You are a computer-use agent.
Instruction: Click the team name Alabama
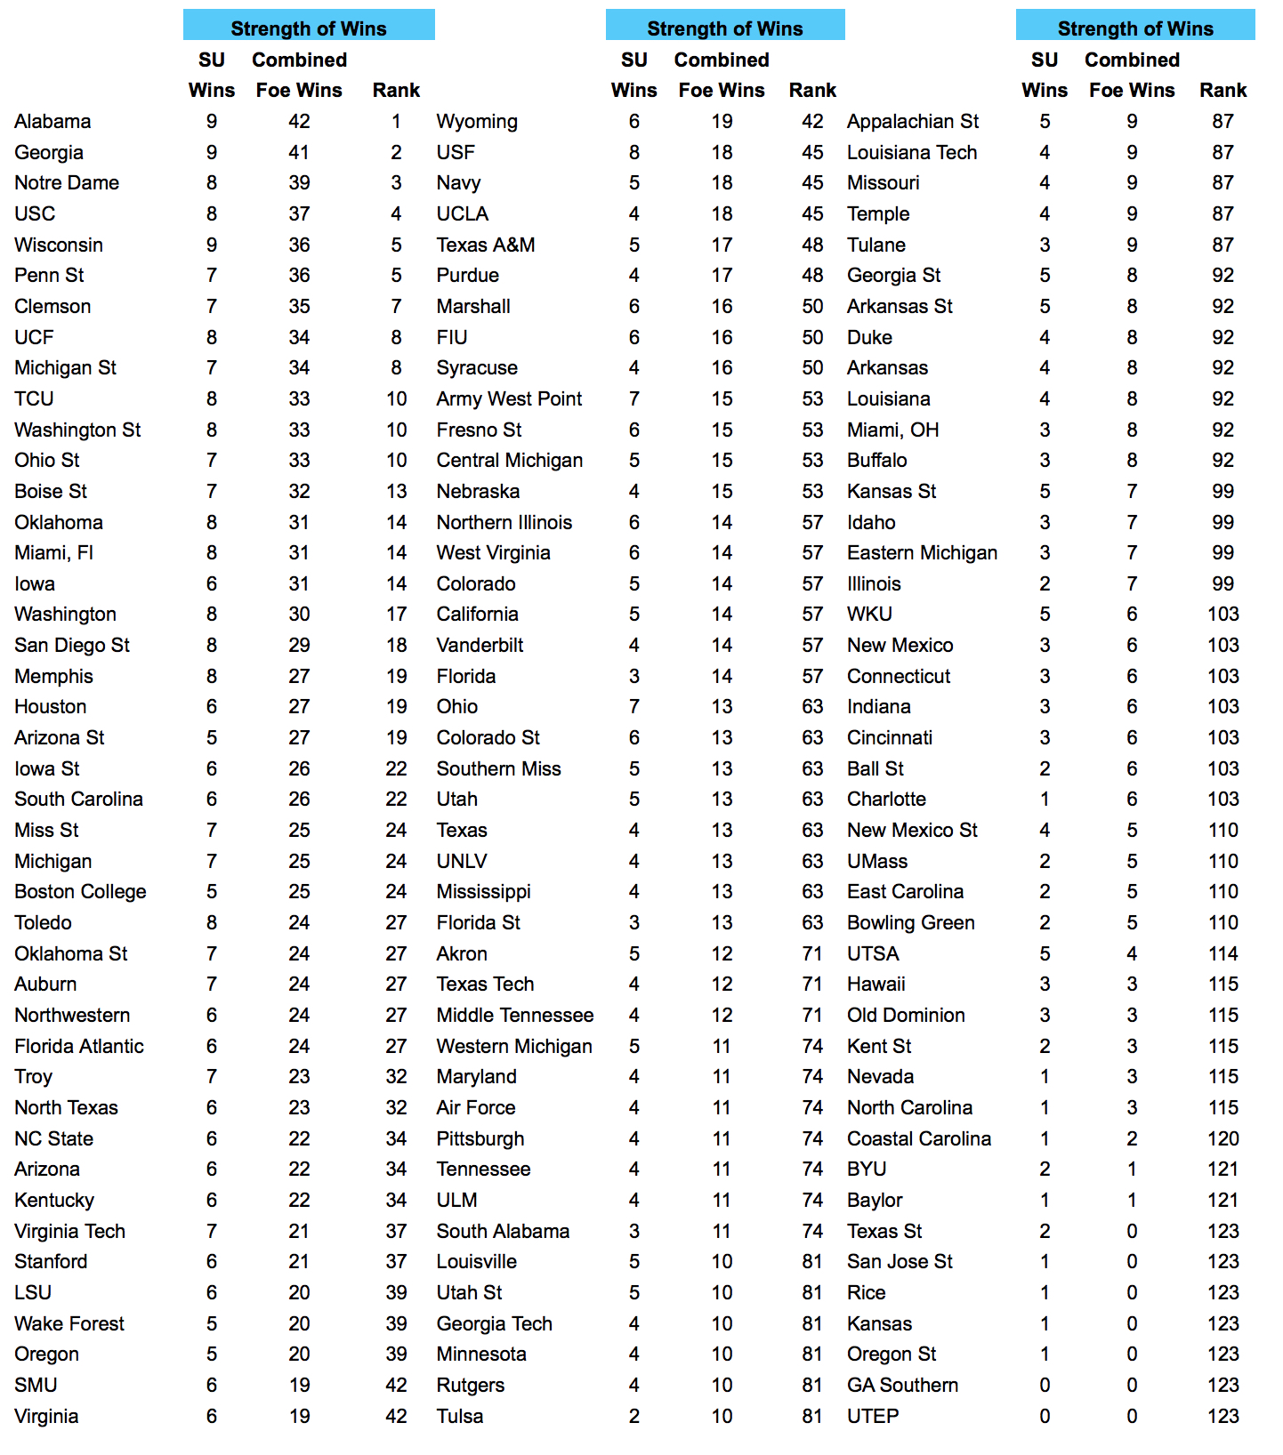tap(52, 121)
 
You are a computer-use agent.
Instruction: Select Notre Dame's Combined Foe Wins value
tap(299, 182)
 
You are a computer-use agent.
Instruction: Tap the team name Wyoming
tap(477, 121)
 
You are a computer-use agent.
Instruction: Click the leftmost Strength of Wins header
tap(309, 28)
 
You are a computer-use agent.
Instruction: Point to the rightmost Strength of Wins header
tap(1135, 28)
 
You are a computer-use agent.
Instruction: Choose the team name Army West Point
tap(509, 398)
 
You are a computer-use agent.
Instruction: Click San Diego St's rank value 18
tap(396, 645)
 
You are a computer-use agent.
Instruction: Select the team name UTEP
tap(873, 1416)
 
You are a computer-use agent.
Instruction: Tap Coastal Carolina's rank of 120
tap(1222, 1138)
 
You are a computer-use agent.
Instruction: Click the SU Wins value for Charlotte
tap(1045, 799)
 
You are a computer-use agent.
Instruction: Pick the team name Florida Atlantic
tap(79, 1046)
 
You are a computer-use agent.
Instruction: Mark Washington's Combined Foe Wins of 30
tap(299, 614)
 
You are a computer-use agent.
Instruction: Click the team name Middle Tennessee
tap(515, 1015)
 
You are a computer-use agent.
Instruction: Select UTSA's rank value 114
tap(1222, 953)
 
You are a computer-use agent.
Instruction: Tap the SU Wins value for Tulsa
tap(634, 1416)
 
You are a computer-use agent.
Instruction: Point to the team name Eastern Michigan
tap(922, 552)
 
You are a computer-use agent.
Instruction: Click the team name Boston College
tap(80, 891)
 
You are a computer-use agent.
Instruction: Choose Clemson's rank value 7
tap(396, 306)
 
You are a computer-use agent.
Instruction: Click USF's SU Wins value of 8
tap(634, 152)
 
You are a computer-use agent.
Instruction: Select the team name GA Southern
tap(902, 1385)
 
